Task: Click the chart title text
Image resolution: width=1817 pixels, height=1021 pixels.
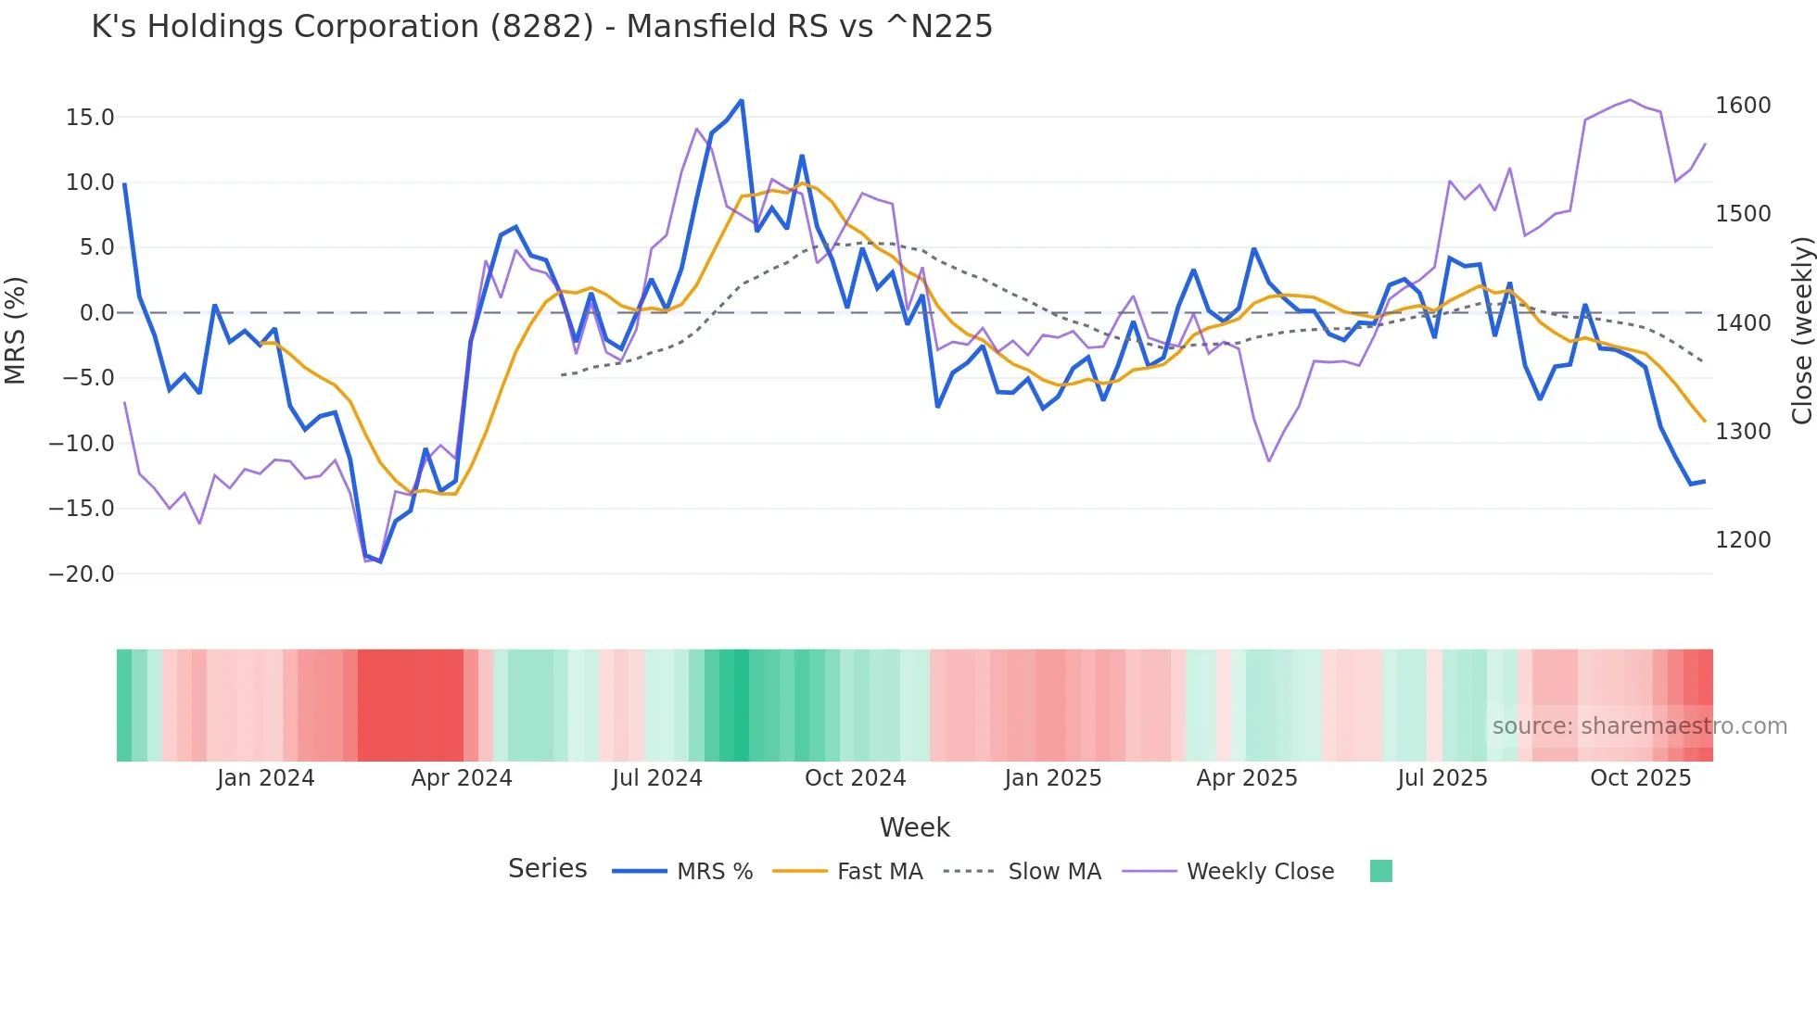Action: [541, 27]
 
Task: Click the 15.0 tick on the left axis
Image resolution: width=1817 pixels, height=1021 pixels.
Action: [90, 118]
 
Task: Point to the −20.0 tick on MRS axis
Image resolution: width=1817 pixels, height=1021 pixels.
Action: [82, 574]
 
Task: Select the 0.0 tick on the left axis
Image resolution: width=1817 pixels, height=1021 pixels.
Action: [96, 313]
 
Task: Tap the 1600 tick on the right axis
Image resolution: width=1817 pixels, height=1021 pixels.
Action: [1743, 106]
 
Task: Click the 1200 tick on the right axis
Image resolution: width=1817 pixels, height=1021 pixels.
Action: [1743, 540]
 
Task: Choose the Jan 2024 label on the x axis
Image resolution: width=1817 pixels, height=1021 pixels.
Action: [265, 778]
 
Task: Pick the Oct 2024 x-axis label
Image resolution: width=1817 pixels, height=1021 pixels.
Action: [855, 778]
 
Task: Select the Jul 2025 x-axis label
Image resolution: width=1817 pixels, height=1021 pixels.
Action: [1442, 778]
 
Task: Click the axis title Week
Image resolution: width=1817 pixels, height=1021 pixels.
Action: [914, 827]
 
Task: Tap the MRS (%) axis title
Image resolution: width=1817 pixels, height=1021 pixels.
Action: [16, 331]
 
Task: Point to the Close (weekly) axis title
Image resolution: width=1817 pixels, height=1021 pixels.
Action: [1801, 331]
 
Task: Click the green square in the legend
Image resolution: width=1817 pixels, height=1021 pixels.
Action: [1380, 871]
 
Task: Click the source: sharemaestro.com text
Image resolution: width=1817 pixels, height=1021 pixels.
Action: [1639, 726]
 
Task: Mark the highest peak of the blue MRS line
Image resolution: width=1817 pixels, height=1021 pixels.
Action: [742, 100]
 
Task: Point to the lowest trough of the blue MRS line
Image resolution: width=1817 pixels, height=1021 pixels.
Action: [380, 561]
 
